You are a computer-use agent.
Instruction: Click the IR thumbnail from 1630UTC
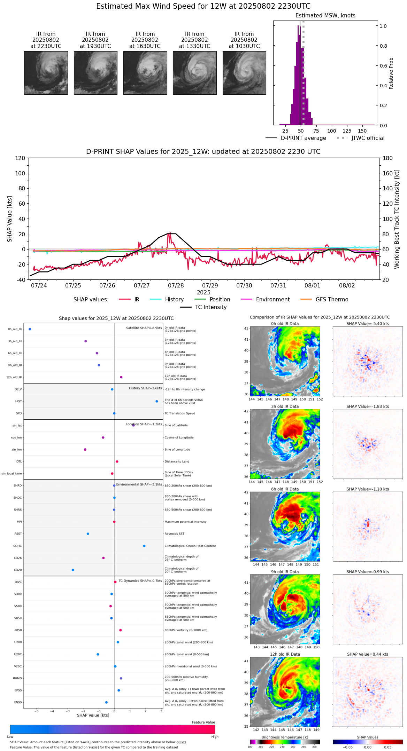click(145, 73)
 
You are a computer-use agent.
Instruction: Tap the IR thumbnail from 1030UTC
click(244, 73)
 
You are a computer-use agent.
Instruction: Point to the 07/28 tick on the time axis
click(176, 285)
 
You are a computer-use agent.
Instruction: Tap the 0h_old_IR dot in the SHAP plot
click(30, 329)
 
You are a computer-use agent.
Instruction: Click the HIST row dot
click(157, 401)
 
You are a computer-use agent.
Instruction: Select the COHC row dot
click(144, 546)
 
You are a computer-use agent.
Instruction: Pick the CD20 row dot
click(73, 570)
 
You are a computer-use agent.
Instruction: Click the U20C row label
click(18, 654)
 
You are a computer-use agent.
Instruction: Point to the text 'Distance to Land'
click(177, 461)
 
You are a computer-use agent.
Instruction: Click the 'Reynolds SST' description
click(175, 534)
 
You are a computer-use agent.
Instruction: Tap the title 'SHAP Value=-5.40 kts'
click(368, 324)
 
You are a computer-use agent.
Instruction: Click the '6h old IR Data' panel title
click(285, 489)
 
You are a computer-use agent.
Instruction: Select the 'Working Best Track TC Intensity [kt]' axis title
click(397, 219)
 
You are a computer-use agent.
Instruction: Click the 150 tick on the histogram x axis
click(362, 131)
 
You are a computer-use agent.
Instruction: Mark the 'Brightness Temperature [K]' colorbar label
click(285, 737)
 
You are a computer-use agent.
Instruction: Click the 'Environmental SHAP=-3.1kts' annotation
click(139, 484)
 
